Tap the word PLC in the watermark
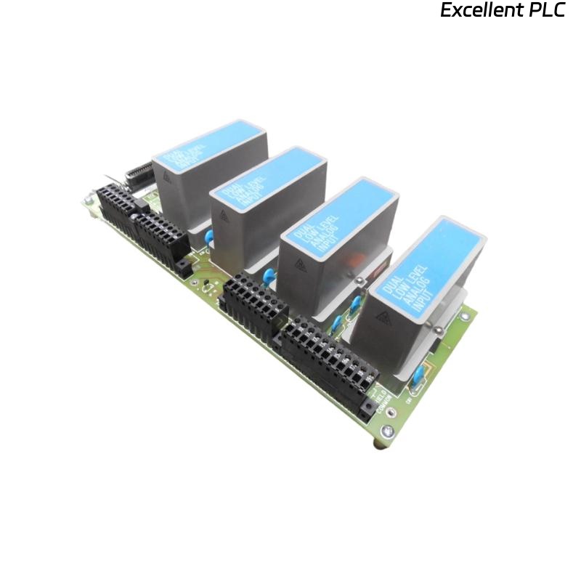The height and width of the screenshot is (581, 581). click(544, 11)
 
